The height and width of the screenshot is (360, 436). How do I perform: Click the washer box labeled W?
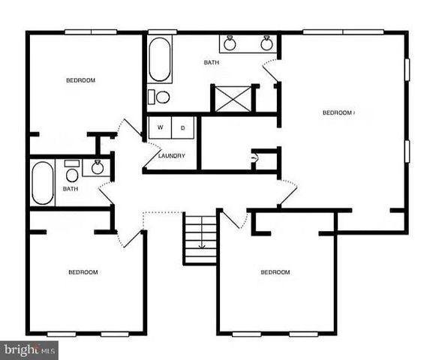tap(160, 127)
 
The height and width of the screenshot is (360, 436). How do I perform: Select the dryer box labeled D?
tap(183, 127)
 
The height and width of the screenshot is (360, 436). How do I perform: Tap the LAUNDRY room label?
tap(172, 156)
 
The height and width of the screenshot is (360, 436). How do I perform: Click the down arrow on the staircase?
tap(201, 242)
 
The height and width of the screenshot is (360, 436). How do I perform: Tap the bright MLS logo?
tap(29, 349)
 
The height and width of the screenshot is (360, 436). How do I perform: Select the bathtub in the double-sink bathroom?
tap(159, 59)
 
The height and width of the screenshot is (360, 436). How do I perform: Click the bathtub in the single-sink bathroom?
tap(42, 183)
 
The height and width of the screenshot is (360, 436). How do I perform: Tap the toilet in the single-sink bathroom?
tap(72, 175)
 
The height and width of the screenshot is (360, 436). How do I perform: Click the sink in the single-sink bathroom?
tap(96, 166)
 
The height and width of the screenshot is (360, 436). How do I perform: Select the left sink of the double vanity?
tap(230, 43)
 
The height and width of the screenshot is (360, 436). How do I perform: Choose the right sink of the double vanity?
tap(266, 43)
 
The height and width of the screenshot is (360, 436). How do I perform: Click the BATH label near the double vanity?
tap(212, 62)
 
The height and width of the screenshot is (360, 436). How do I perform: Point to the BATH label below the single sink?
tap(71, 189)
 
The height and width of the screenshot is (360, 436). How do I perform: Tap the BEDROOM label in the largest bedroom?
tap(338, 113)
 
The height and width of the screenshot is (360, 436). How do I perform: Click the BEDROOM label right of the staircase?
tap(275, 272)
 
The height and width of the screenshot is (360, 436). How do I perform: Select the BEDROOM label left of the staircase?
tap(83, 271)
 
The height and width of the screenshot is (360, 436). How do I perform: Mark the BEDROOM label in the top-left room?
tap(80, 80)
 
